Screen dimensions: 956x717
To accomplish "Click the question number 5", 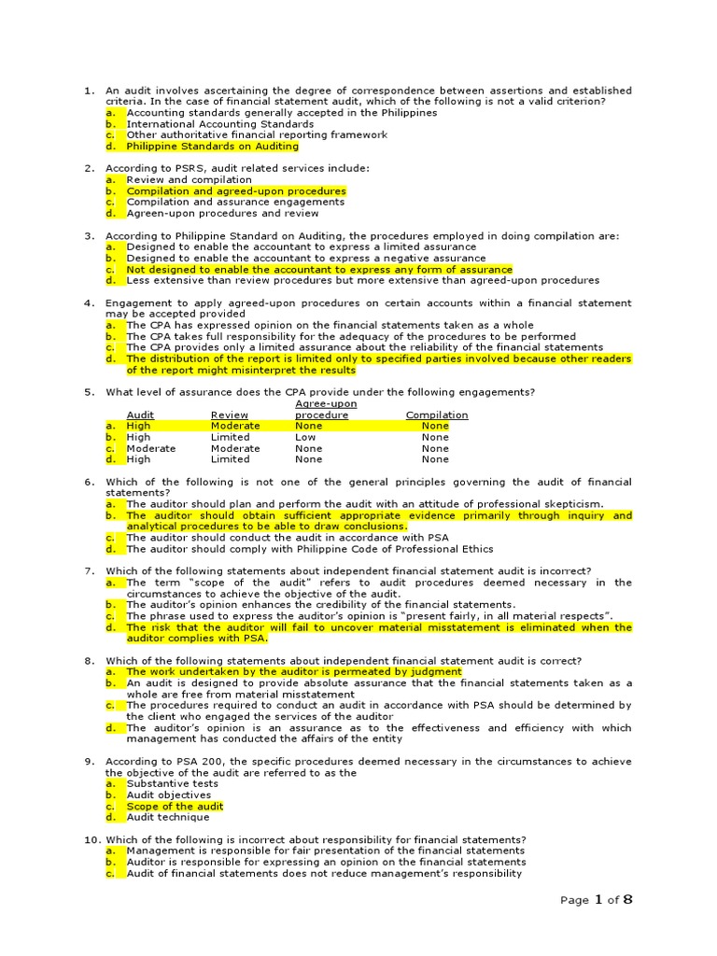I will [89, 392].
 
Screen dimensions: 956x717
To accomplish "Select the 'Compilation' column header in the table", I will [437, 415].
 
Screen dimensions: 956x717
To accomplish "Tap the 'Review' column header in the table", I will [230, 415].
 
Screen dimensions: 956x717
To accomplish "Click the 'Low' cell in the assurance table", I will [305, 437].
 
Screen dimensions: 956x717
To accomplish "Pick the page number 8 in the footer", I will [627, 900].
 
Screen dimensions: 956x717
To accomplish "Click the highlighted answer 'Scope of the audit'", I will [175, 807].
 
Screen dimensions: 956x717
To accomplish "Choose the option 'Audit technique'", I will [169, 818].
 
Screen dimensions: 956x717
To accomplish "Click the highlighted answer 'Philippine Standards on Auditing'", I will [213, 147].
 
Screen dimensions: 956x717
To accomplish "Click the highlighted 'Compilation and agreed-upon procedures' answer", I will [236, 191].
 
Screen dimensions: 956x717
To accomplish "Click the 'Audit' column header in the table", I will [140, 415].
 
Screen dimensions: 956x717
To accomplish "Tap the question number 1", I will [89, 91].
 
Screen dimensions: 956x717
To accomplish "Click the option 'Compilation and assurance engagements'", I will [235, 203].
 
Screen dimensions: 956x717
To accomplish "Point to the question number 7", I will [89, 571].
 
